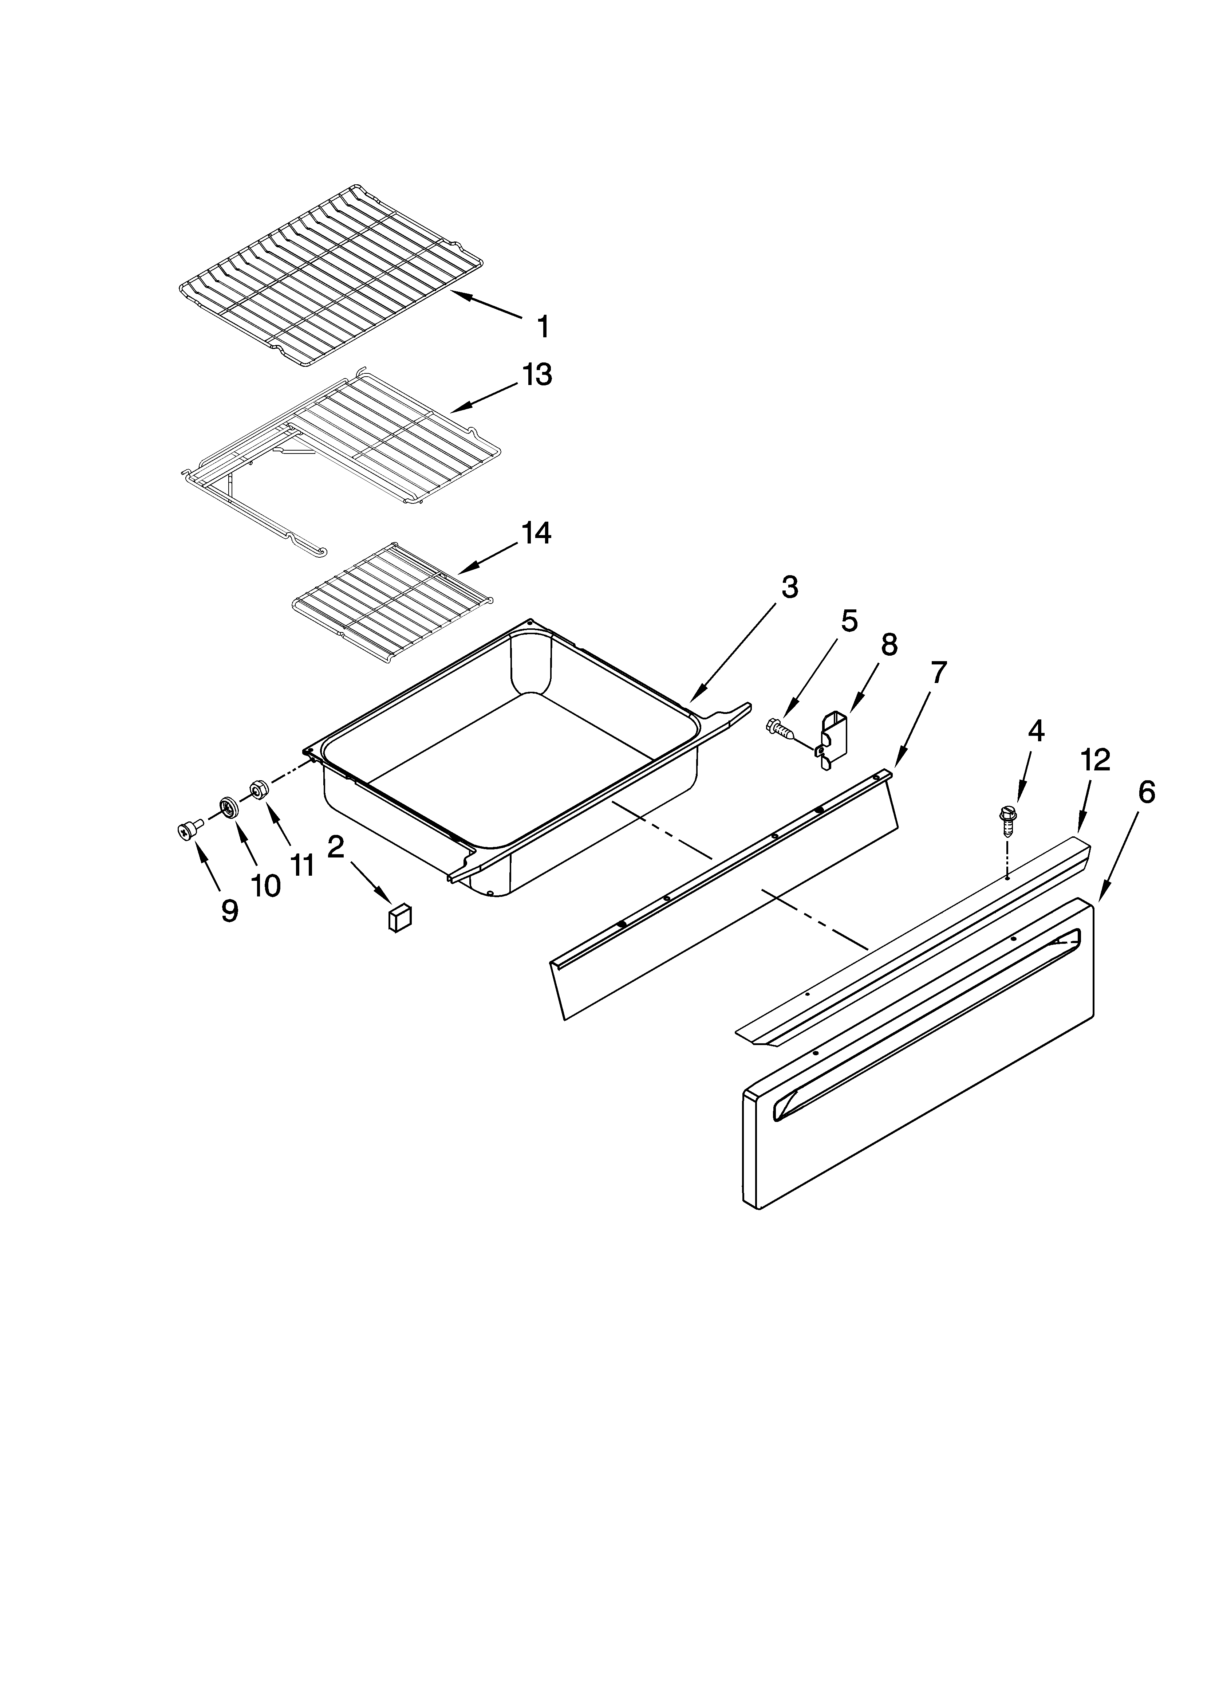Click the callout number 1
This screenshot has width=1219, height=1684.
pos(544,327)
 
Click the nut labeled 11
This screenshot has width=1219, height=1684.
pos(258,789)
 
